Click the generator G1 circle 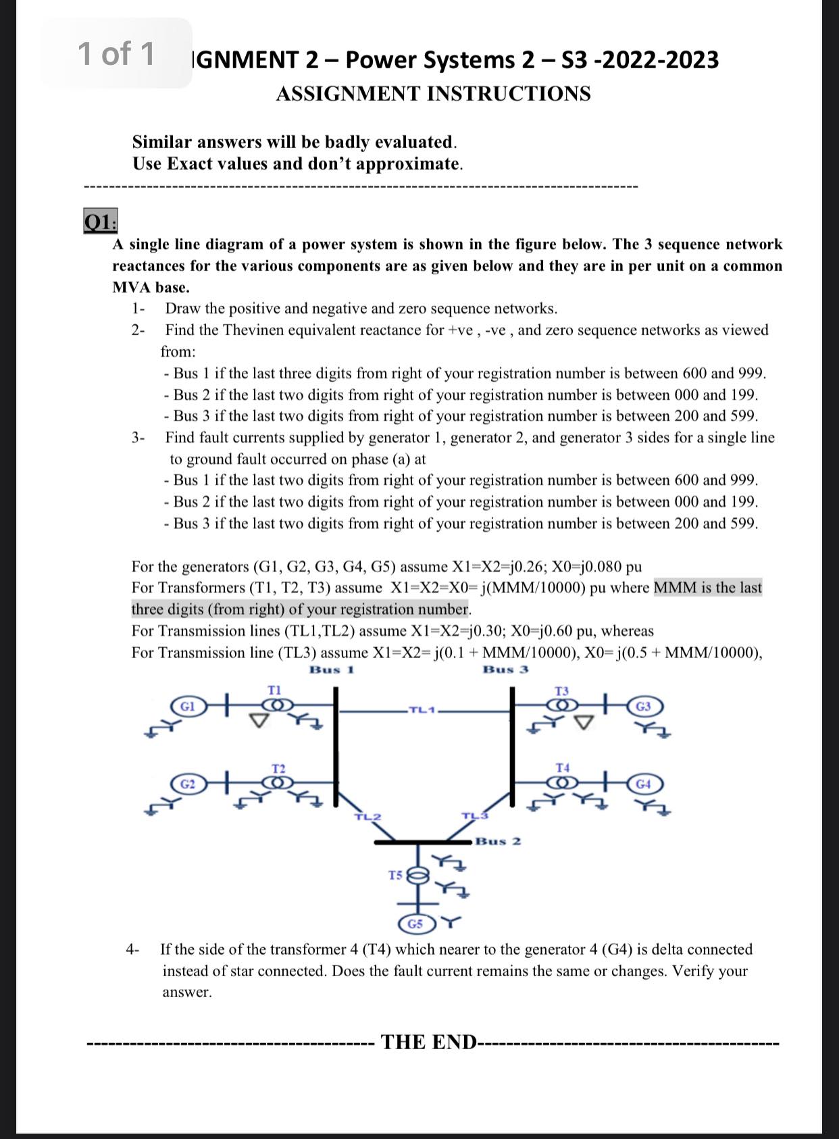[x=190, y=706]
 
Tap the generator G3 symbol [x=644, y=706]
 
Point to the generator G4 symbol [x=644, y=784]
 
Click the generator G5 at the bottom [x=417, y=923]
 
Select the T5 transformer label [x=396, y=875]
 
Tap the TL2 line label [x=367, y=817]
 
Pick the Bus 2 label [x=498, y=841]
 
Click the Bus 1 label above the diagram [x=332, y=669]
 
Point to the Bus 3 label [x=506, y=669]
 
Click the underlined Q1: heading [x=101, y=221]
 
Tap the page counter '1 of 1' [x=116, y=53]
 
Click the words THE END [x=429, y=1042]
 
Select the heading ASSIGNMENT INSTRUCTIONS [x=433, y=93]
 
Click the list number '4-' [x=132, y=949]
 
